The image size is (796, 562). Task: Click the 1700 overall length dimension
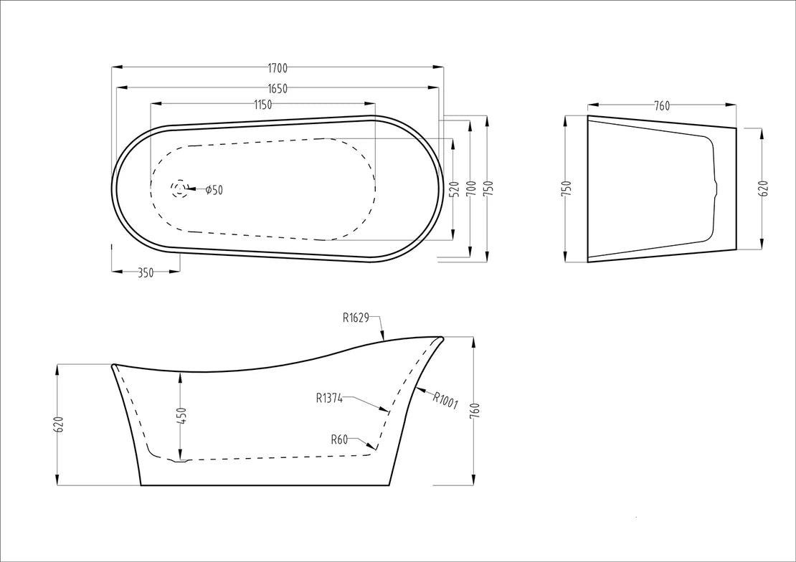click(278, 67)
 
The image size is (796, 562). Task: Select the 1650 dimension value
click(278, 89)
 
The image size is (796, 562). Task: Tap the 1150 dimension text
click(262, 105)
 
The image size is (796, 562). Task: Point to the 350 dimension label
click(146, 273)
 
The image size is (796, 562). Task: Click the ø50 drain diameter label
click(214, 191)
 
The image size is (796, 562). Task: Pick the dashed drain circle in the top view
click(179, 189)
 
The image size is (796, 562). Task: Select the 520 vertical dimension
click(455, 189)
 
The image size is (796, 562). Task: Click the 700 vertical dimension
click(472, 189)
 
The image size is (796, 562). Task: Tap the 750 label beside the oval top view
click(489, 189)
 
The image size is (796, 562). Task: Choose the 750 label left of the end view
click(567, 189)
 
